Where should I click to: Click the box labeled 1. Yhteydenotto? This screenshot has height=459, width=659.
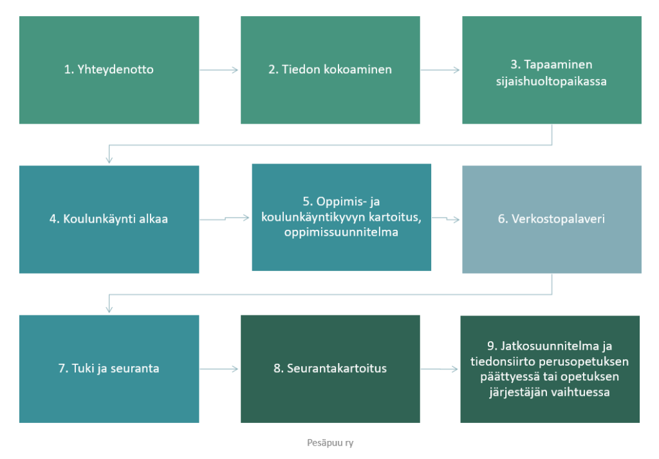109,70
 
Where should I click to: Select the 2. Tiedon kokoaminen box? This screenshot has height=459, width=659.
330,70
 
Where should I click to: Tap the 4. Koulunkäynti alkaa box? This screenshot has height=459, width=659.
109,220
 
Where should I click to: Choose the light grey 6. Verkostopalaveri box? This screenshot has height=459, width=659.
552,220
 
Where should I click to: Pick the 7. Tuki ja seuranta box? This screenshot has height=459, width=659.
109,369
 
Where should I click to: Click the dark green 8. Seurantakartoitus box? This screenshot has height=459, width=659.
330,369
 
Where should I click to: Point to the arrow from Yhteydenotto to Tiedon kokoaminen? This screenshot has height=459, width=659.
219,70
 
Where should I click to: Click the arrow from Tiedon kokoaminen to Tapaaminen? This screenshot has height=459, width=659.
440,70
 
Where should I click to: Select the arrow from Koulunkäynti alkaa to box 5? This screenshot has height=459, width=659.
225,219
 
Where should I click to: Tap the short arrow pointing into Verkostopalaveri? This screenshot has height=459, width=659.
446,219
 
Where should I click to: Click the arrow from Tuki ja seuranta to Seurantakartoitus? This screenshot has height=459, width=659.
219,369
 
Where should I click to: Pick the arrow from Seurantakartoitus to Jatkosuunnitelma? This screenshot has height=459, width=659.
439,369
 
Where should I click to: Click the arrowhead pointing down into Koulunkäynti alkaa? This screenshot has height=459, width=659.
109,159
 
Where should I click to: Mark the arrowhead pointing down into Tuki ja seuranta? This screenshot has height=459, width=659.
109,309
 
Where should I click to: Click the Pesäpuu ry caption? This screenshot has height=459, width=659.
330,443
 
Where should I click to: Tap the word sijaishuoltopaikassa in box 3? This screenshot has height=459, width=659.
552,81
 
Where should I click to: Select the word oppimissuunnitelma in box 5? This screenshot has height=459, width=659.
341,232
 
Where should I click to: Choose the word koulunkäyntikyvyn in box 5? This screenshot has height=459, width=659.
313,218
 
